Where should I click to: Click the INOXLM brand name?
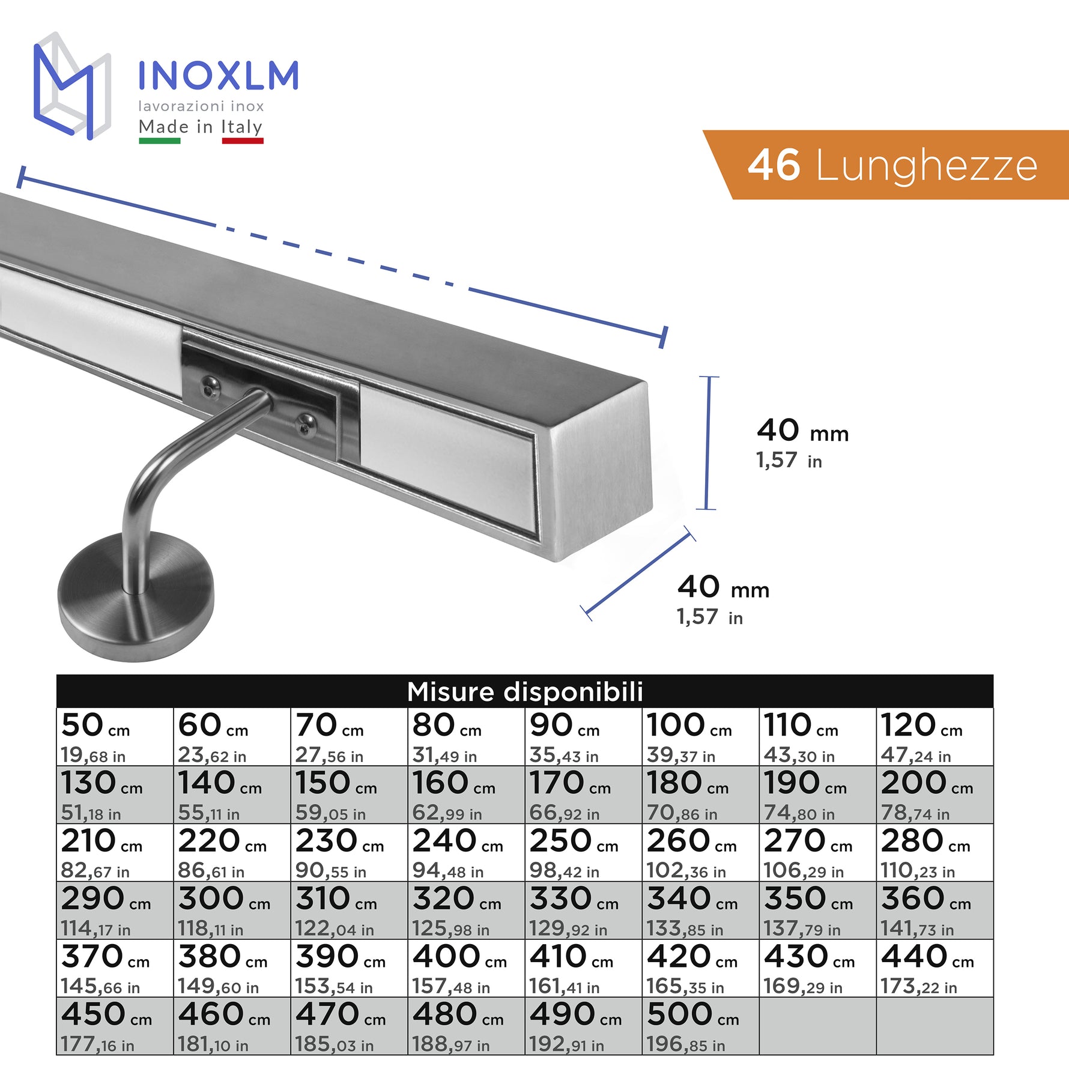pyautogui.click(x=218, y=76)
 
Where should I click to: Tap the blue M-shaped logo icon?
pyautogui.click(x=72, y=86)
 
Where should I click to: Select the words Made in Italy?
pyautogui.click(x=201, y=127)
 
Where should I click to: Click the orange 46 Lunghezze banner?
pyautogui.click(x=886, y=165)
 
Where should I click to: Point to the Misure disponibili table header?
pyautogui.click(x=525, y=691)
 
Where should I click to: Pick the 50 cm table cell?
pyautogui.click(x=115, y=737)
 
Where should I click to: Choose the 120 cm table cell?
pyautogui.click(x=934, y=737)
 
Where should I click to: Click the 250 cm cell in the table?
pyautogui.click(x=583, y=853)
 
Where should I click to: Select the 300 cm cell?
pyautogui.click(x=232, y=910)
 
